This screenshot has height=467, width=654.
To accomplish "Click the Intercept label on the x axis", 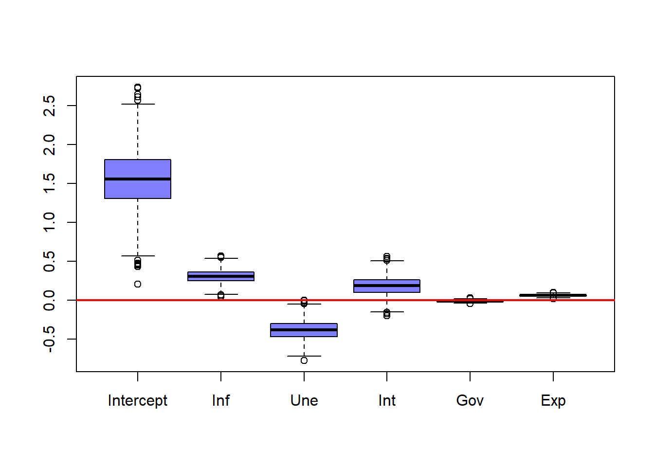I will [x=138, y=400].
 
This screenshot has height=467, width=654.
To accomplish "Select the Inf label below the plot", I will [x=221, y=400].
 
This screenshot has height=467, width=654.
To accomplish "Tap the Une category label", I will [x=304, y=400].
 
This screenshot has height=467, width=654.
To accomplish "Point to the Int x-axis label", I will [x=387, y=400].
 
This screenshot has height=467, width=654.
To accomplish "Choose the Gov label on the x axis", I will [x=470, y=400].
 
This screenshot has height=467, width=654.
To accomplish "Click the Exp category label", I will [x=553, y=400].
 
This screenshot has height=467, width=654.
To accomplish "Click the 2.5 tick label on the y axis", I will [x=49, y=106].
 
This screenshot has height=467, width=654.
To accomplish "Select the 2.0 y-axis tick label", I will [x=49, y=144].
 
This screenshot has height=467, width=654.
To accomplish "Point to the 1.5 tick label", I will [x=49, y=183].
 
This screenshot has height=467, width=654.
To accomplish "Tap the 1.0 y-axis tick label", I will [x=49, y=222].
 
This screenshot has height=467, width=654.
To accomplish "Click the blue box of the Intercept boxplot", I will [x=138, y=168].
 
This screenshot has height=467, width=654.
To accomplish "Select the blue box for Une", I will [x=304, y=334].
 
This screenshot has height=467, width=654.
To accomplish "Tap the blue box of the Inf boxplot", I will [x=221, y=279].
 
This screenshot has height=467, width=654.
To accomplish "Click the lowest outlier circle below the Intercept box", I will [x=138, y=284].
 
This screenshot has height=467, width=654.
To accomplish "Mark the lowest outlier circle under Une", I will [x=304, y=360].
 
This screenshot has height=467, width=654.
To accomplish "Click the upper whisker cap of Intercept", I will [x=138, y=104].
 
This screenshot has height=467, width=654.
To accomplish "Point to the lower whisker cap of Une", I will [x=304, y=356].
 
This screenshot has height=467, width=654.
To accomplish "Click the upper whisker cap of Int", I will [x=387, y=261].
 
